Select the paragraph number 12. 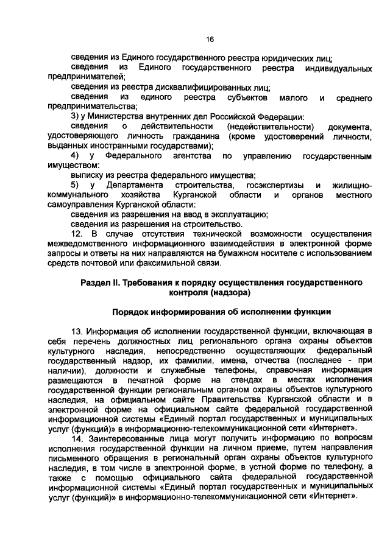pyautogui.click(x=76, y=234)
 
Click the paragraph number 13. pyautogui.click(x=76, y=332)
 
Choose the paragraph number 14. pyautogui.click(x=76, y=439)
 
